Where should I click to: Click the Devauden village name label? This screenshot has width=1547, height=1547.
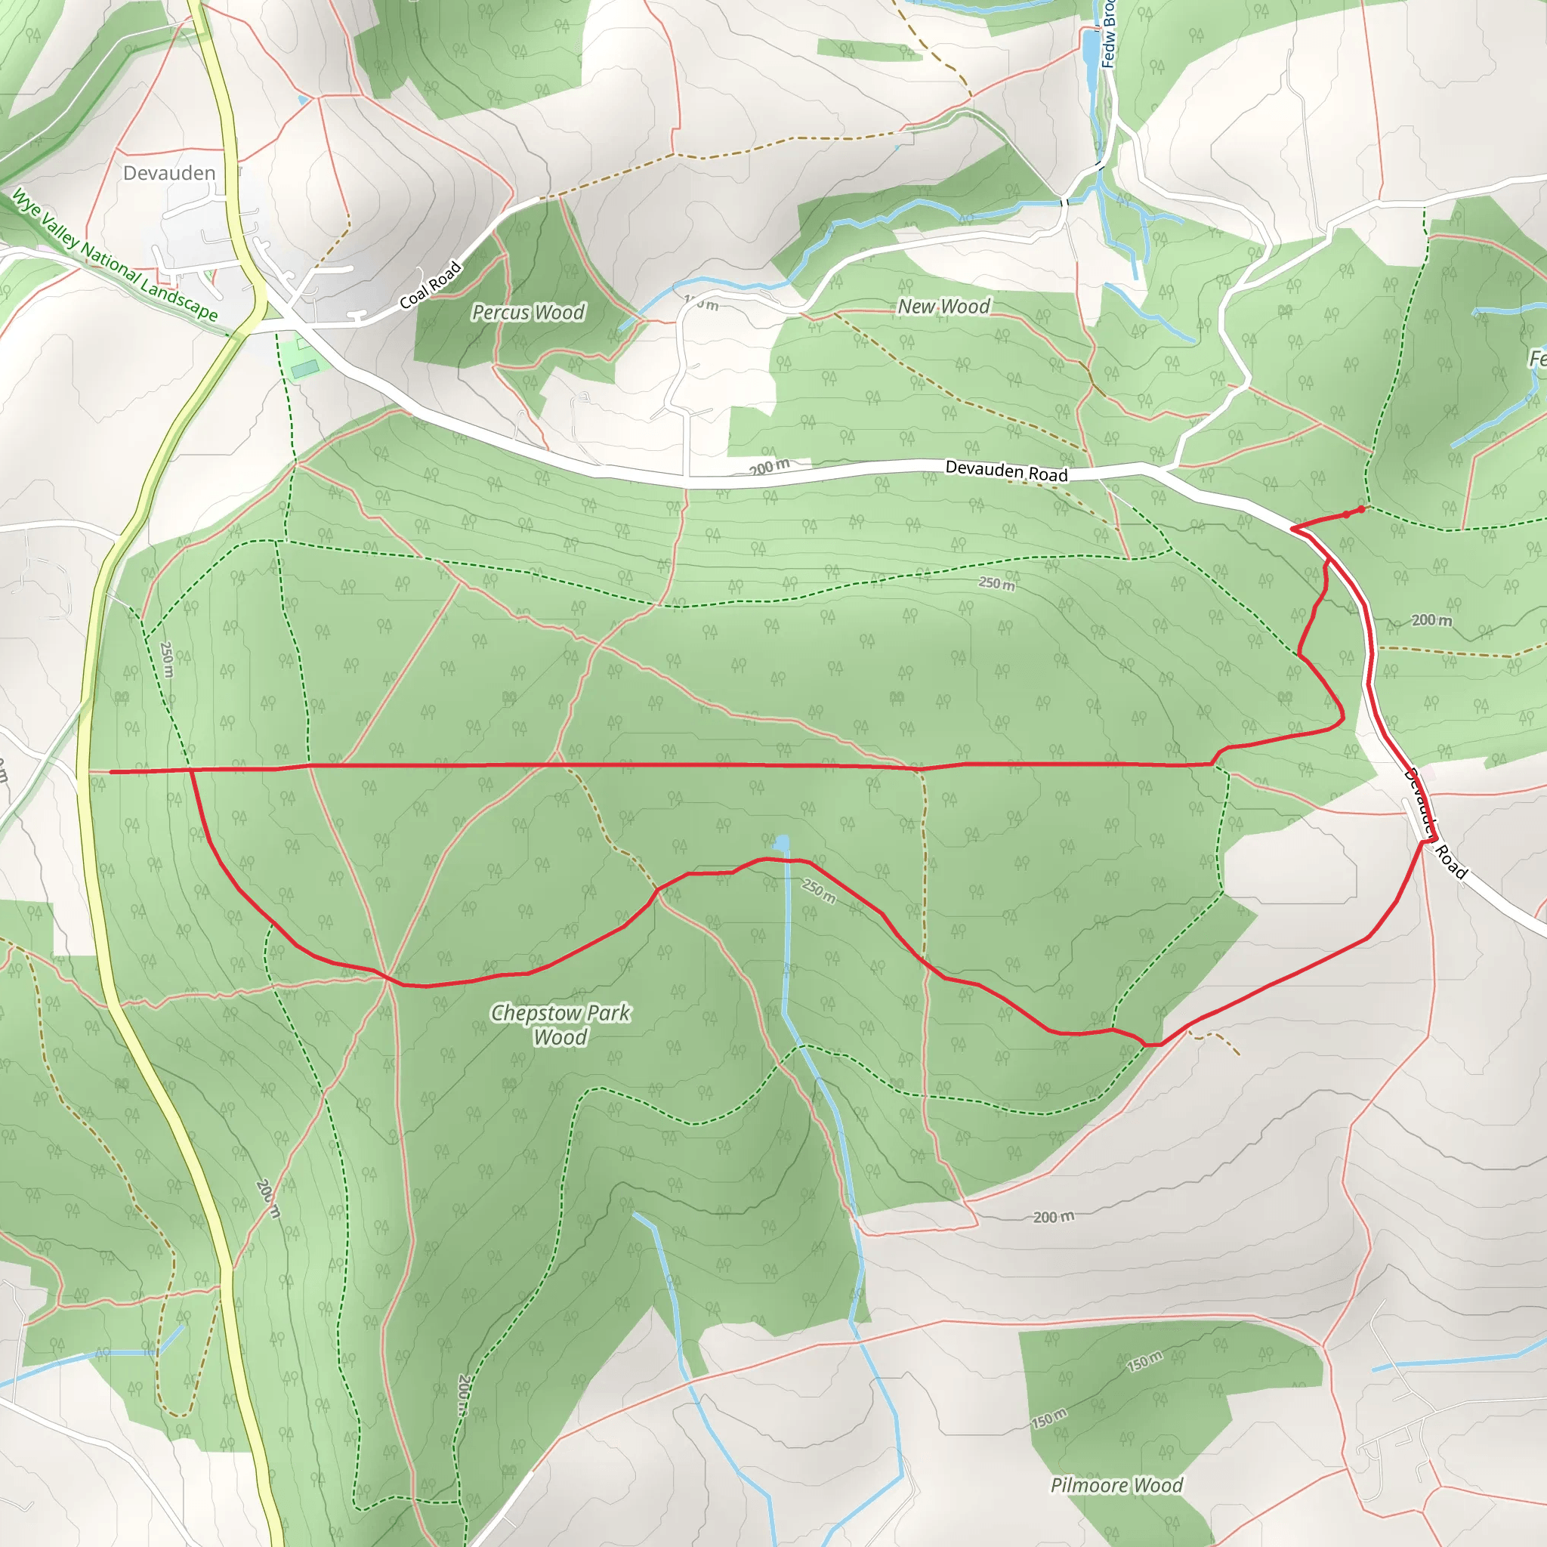pos(169,173)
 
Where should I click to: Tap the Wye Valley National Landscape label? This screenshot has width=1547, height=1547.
pos(114,255)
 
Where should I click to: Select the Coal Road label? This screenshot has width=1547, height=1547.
pos(431,284)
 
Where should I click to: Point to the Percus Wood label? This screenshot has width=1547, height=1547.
pos(528,312)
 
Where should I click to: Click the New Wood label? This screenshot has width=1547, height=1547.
pos(943,306)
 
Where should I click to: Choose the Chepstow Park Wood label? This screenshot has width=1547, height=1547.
pos(560,1024)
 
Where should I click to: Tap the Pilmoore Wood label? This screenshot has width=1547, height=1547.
pos(1116,1485)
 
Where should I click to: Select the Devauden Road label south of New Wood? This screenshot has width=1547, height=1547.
pos(1005,471)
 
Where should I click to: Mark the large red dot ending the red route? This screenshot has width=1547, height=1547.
pos(1361,509)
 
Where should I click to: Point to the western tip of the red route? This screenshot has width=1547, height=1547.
pos(111,772)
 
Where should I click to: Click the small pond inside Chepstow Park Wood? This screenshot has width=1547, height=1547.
pos(782,842)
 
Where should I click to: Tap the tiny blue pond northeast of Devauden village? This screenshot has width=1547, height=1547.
pos(302,100)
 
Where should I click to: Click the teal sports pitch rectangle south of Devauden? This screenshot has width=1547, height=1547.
pos(305,369)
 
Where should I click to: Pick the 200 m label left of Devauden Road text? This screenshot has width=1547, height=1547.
pos(769,467)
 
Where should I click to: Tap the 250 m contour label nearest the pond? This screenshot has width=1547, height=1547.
pos(818,891)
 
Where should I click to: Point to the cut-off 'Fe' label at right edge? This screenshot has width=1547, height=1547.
pos(1537,359)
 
